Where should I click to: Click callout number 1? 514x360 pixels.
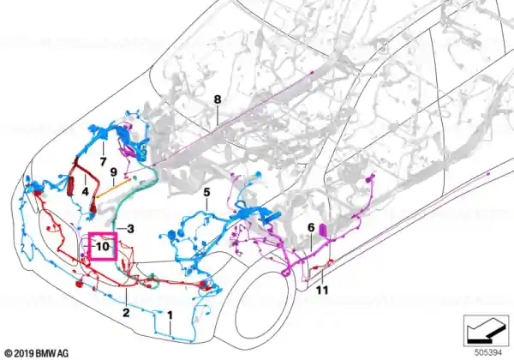pyautogui.click(x=170, y=315)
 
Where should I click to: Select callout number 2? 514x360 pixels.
pyautogui.click(x=126, y=313)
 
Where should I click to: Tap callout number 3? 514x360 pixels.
pyautogui.click(x=130, y=229)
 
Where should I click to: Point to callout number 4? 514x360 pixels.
pyautogui.click(x=85, y=191)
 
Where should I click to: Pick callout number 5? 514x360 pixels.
pyautogui.click(x=206, y=192)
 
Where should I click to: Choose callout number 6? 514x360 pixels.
pyautogui.click(x=311, y=227)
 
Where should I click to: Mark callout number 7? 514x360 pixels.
pyautogui.click(x=104, y=161)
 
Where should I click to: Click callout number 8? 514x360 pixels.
pyautogui.click(x=218, y=99)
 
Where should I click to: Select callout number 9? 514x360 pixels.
pyautogui.click(x=113, y=172)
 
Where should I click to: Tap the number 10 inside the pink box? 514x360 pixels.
pyautogui.click(x=103, y=246)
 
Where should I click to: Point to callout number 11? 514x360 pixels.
pyautogui.click(x=322, y=290)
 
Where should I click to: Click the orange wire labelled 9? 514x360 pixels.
pyautogui.click(x=113, y=189)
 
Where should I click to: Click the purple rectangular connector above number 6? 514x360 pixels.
pyautogui.click(x=323, y=230)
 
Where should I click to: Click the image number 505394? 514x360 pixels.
pyautogui.click(x=488, y=353)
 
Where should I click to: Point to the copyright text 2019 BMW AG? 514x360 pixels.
pyautogui.click(x=37, y=353)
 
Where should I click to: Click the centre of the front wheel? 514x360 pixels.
pyautogui.click(x=261, y=310)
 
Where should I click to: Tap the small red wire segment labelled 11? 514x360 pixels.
pyautogui.click(x=320, y=266)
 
